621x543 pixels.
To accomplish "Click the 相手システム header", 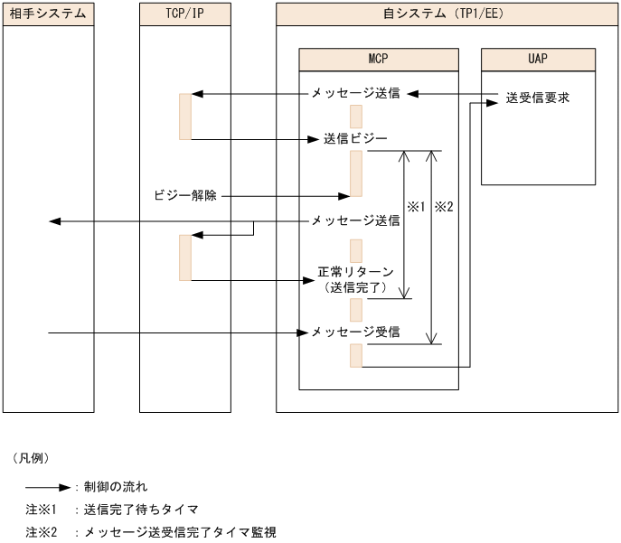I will (x=48, y=14).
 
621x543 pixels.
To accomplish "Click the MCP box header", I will (x=378, y=59).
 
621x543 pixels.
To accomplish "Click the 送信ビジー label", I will (x=355, y=139).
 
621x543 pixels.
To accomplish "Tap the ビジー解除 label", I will (x=192, y=195).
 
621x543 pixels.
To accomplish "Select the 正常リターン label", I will (x=355, y=271).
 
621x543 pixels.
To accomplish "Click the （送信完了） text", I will (x=355, y=287).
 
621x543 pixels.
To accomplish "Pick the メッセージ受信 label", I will (x=355, y=332).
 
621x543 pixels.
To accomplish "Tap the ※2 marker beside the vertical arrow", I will (x=444, y=207).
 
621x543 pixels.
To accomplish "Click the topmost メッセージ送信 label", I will (x=355, y=93).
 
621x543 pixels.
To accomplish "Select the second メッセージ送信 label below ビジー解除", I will (x=355, y=220).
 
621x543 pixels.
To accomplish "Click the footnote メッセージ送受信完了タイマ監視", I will (x=180, y=532).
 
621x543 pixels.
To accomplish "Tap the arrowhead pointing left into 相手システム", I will (x=54, y=221).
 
